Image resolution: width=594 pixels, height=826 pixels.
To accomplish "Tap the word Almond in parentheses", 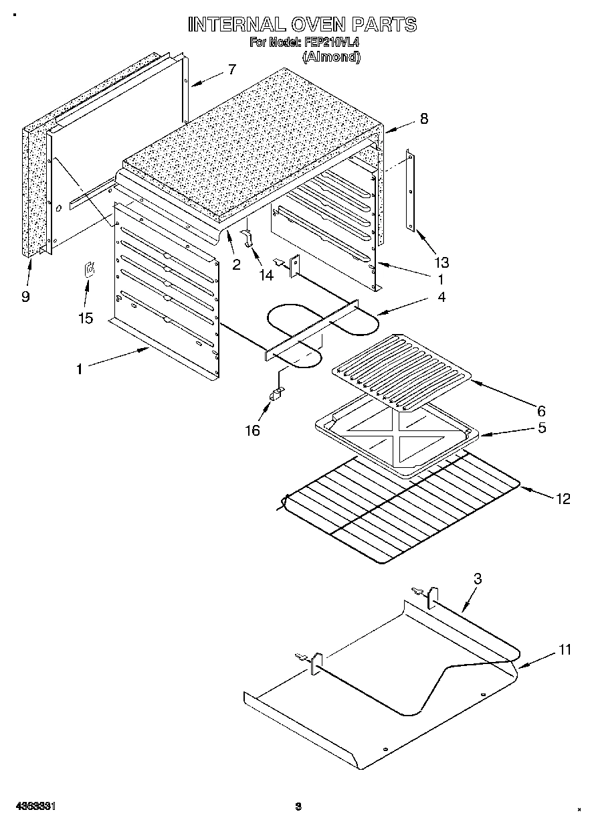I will coord(332,57).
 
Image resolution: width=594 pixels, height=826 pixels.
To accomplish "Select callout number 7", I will coord(231,69).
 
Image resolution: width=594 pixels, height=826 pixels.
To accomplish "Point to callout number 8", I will coord(423,119).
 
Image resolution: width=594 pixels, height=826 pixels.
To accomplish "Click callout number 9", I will coord(25,297).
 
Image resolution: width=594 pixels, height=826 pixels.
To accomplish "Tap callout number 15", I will coord(86,318).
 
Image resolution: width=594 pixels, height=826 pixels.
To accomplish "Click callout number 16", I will coord(252,430).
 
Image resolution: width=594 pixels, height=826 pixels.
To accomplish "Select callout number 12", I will coord(563,499).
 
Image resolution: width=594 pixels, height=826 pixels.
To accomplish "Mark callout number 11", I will coord(565,649).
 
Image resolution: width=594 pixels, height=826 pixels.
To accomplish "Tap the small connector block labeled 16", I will coord(274,396).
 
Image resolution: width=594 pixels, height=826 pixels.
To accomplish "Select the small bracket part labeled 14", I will coord(248,238).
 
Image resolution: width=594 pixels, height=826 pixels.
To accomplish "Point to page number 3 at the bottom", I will coord(299,807).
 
